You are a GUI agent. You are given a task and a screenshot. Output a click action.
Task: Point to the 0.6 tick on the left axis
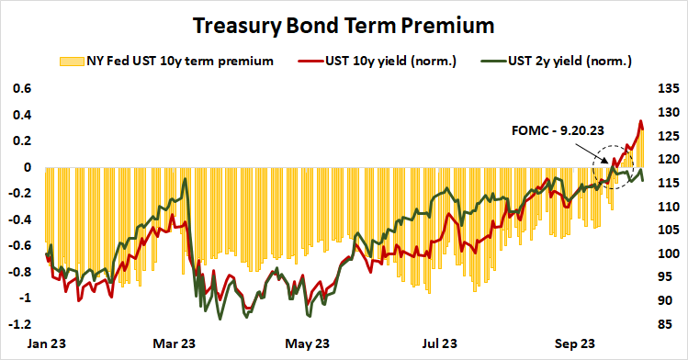click(20, 89)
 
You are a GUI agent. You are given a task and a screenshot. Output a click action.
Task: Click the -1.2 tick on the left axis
click(18, 325)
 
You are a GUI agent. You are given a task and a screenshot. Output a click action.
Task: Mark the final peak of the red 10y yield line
click(640, 120)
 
